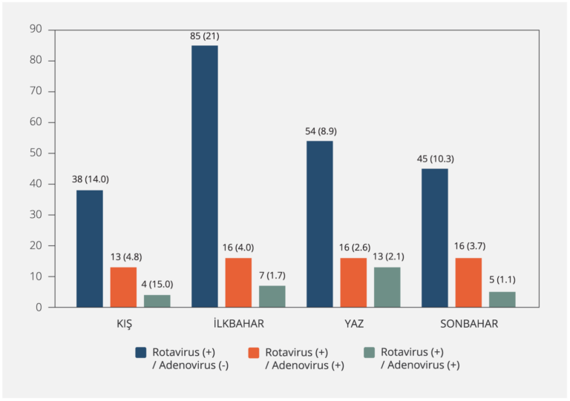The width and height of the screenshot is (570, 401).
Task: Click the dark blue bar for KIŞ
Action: coord(90,248)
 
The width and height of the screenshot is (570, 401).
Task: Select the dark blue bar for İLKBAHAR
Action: coord(205,176)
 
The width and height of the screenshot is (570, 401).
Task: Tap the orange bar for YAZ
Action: coord(353,282)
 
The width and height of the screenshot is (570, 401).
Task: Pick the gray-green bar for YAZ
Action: coord(387,287)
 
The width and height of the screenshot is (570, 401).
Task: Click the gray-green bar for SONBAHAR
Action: coord(502,299)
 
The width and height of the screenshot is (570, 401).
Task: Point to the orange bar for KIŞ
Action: coord(123,287)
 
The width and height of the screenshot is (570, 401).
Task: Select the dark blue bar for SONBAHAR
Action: coord(435,237)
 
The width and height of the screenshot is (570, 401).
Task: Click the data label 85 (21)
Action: coord(205,36)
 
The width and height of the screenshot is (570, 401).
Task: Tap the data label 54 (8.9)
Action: coord(320,131)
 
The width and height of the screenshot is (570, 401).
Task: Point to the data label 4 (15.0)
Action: coord(157,285)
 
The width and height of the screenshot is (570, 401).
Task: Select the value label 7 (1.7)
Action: coord(272,276)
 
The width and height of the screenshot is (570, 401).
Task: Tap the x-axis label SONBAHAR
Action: coord(468,324)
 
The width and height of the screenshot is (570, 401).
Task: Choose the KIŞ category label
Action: coord(123,324)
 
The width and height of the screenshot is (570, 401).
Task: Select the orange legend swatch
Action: coord(253,352)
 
